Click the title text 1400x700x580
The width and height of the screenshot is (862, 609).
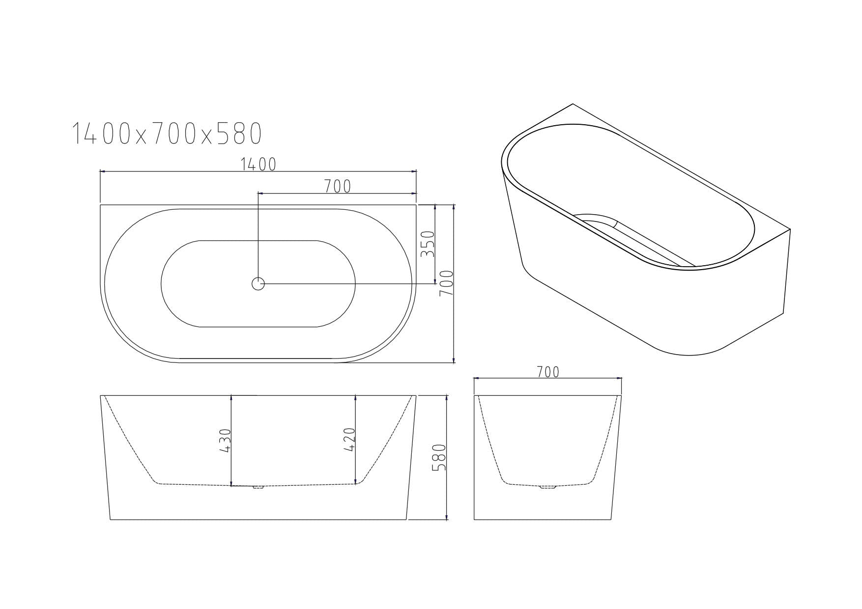167,134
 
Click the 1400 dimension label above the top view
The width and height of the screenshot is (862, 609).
259,165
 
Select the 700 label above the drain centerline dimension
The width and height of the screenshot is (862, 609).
338,187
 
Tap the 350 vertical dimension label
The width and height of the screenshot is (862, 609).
428,244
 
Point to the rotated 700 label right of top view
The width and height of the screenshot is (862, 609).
446,283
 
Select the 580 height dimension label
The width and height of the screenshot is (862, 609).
439,458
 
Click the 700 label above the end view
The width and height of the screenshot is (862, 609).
548,372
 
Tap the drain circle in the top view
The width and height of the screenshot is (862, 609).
258,283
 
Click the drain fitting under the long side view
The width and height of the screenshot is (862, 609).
258,487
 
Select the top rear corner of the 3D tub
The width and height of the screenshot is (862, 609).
573,104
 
